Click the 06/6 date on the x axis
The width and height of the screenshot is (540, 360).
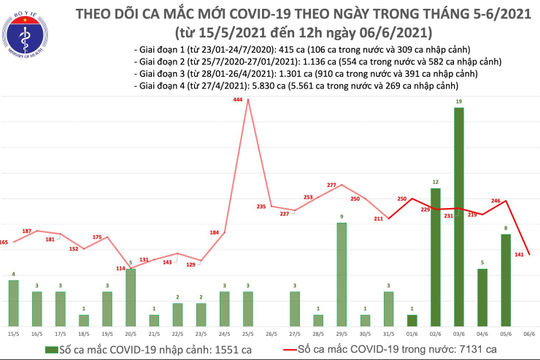pos(529,318)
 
